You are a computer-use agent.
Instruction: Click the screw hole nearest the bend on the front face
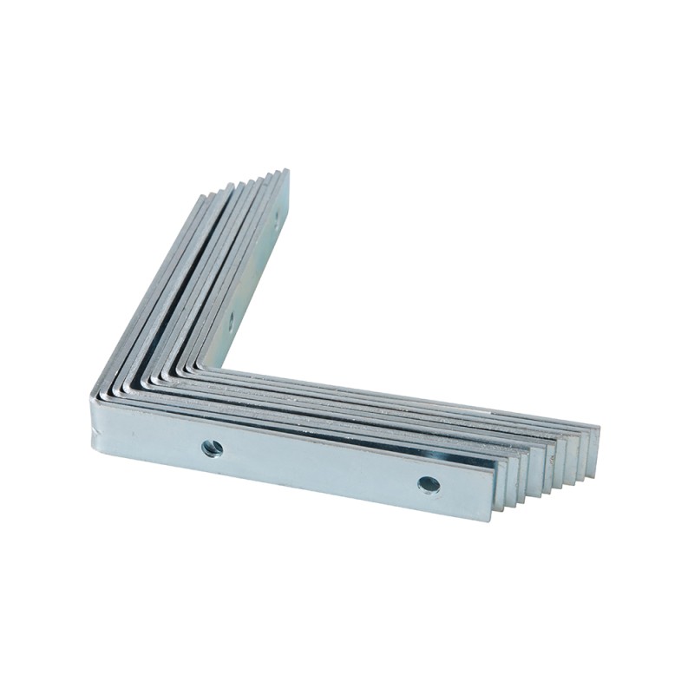pyautogui.click(x=212, y=448)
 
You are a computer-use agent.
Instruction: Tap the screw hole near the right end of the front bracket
pyautogui.click(x=429, y=484)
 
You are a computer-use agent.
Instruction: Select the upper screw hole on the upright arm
pyautogui.click(x=277, y=219)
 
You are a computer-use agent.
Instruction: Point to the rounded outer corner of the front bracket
pyautogui.click(x=95, y=399)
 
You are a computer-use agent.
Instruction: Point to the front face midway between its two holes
pyautogui.click(x=321, y=466)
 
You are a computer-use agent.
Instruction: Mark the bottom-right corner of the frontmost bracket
pyautogui.click(x=493, y=519)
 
